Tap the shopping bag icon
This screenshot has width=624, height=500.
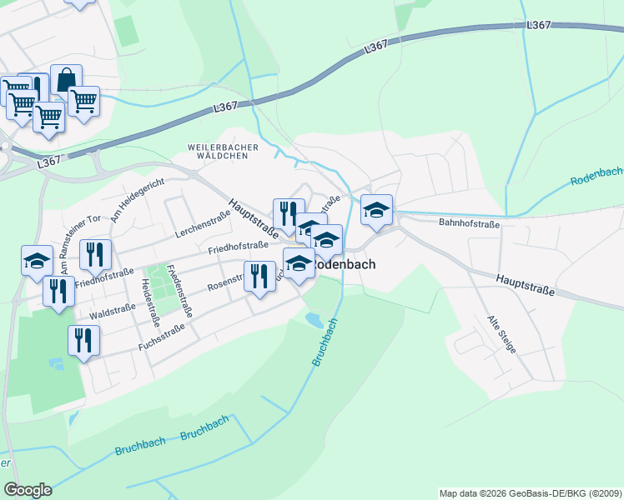coord(66,79)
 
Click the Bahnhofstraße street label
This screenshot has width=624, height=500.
coord(469,223)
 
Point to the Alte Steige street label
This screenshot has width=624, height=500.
coord(502,333)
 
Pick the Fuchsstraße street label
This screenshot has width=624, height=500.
coord(160,331)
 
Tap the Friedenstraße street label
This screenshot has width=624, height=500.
coord(179,290)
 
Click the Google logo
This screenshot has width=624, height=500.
coord(28,490)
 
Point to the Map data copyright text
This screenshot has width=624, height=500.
coord(531,493)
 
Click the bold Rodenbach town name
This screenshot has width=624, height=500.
coord(344,264)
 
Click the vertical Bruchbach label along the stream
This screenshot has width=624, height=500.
coord(325,342)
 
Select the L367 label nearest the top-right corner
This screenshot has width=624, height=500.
coord(538,26)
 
